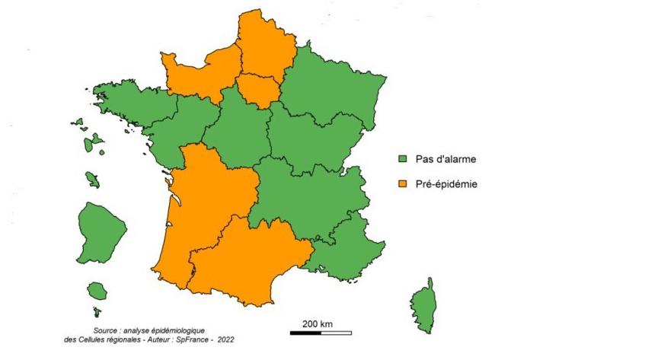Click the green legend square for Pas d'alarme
[x=404, y=160]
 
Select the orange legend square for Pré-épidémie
[x=404, y=183]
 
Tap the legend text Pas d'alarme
[x=445, y=160]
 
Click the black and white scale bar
[x=321, y=333]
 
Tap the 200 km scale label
[x=318, y=323]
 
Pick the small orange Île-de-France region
[x=258, y=90]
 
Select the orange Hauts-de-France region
[x=263, y=49]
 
